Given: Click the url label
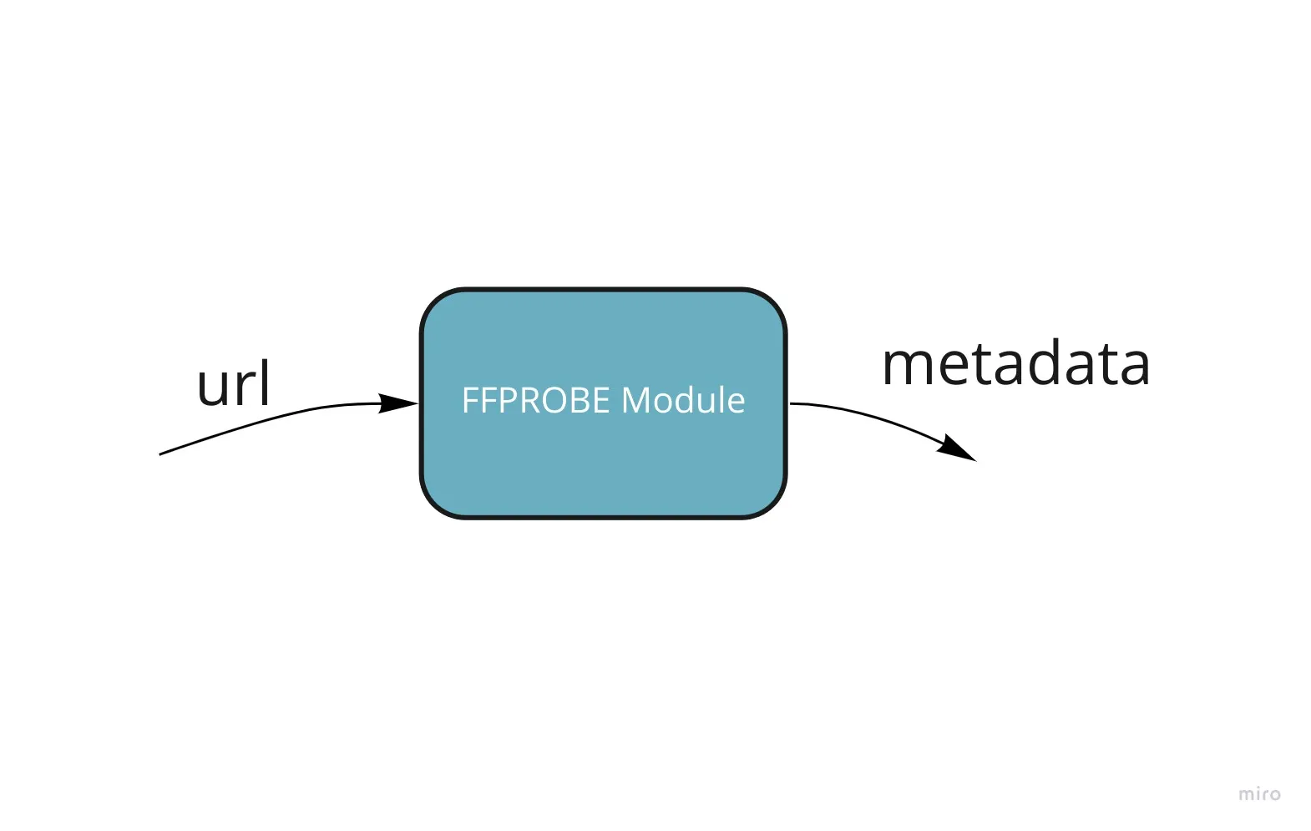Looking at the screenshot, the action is (x=234, y=383).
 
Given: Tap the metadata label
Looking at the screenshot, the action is (x=1016, y=364).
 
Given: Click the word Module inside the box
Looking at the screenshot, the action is (x=683, y=400).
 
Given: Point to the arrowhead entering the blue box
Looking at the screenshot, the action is (x=399, y=403).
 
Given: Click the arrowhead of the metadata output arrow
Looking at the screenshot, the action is (x=958, y=448).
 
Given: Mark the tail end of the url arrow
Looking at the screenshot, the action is (x=159, y=454).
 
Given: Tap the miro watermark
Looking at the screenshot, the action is (x=1259, y=794).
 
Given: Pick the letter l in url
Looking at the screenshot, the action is (x=266, y=383).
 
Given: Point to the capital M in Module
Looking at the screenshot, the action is (x=635, y=400).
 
